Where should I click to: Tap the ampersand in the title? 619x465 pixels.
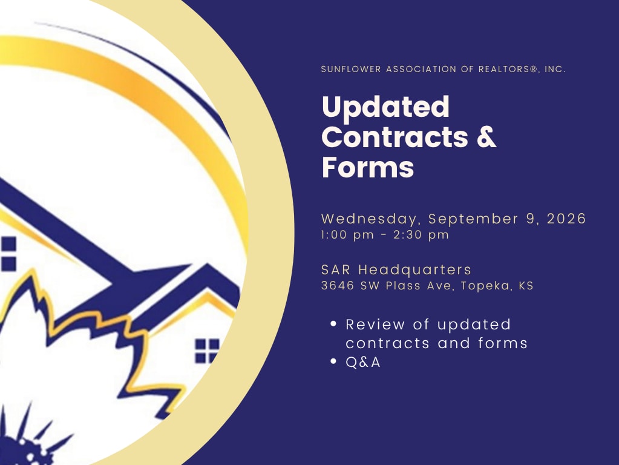pyautogui.click(x=486, y=137)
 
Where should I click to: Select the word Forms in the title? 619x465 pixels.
pyautogui.click(x=368, y=168)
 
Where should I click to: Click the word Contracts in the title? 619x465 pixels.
pyautogui.click(x=395, y=137)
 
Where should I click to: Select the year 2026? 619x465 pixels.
pyautogui.click(x=566, y=219)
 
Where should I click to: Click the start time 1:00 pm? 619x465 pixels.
pyautogui.click(x=347, y=235)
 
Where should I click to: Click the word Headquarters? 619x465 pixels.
pyautogui.click(x=414, y=270)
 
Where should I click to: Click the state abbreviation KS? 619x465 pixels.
pyautogui.click(x=526, y=286)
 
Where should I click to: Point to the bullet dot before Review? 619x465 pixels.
pyautogui.click(x=333, y=323)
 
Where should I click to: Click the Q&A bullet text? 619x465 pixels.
pyautogui.click(x=363, y=362)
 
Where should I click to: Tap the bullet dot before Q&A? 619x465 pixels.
pyautogui.click(x=333, y=361)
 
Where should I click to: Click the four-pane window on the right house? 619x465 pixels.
pyautogui.click(x=208, y=351)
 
